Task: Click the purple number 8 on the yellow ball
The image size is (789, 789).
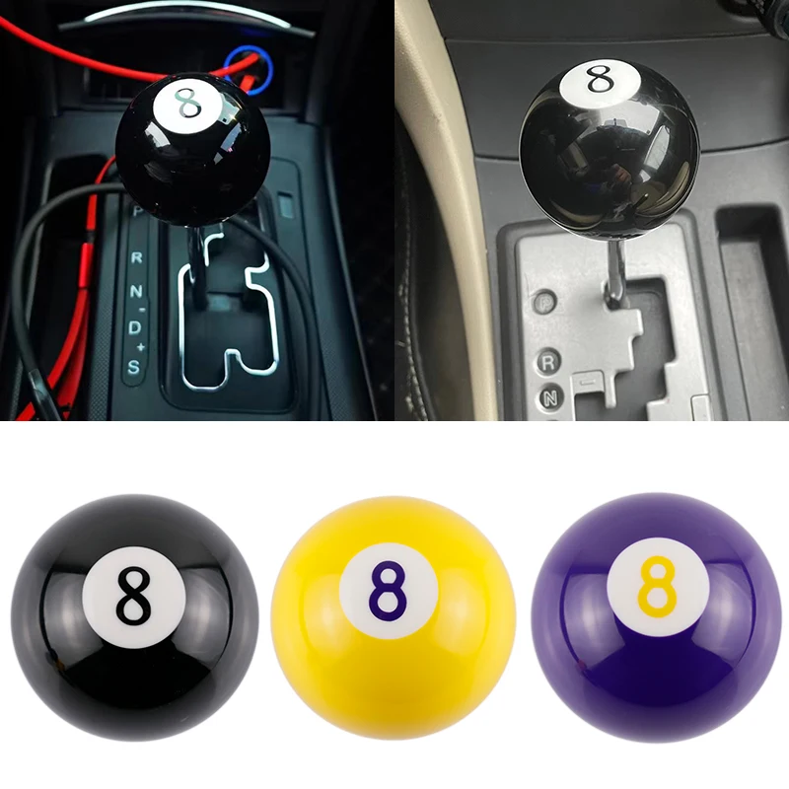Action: [389, 590]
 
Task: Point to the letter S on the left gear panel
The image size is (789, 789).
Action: [135, 367]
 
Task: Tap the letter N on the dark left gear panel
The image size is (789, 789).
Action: [136, 291]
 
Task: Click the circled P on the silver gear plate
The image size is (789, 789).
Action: [544, 302]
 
